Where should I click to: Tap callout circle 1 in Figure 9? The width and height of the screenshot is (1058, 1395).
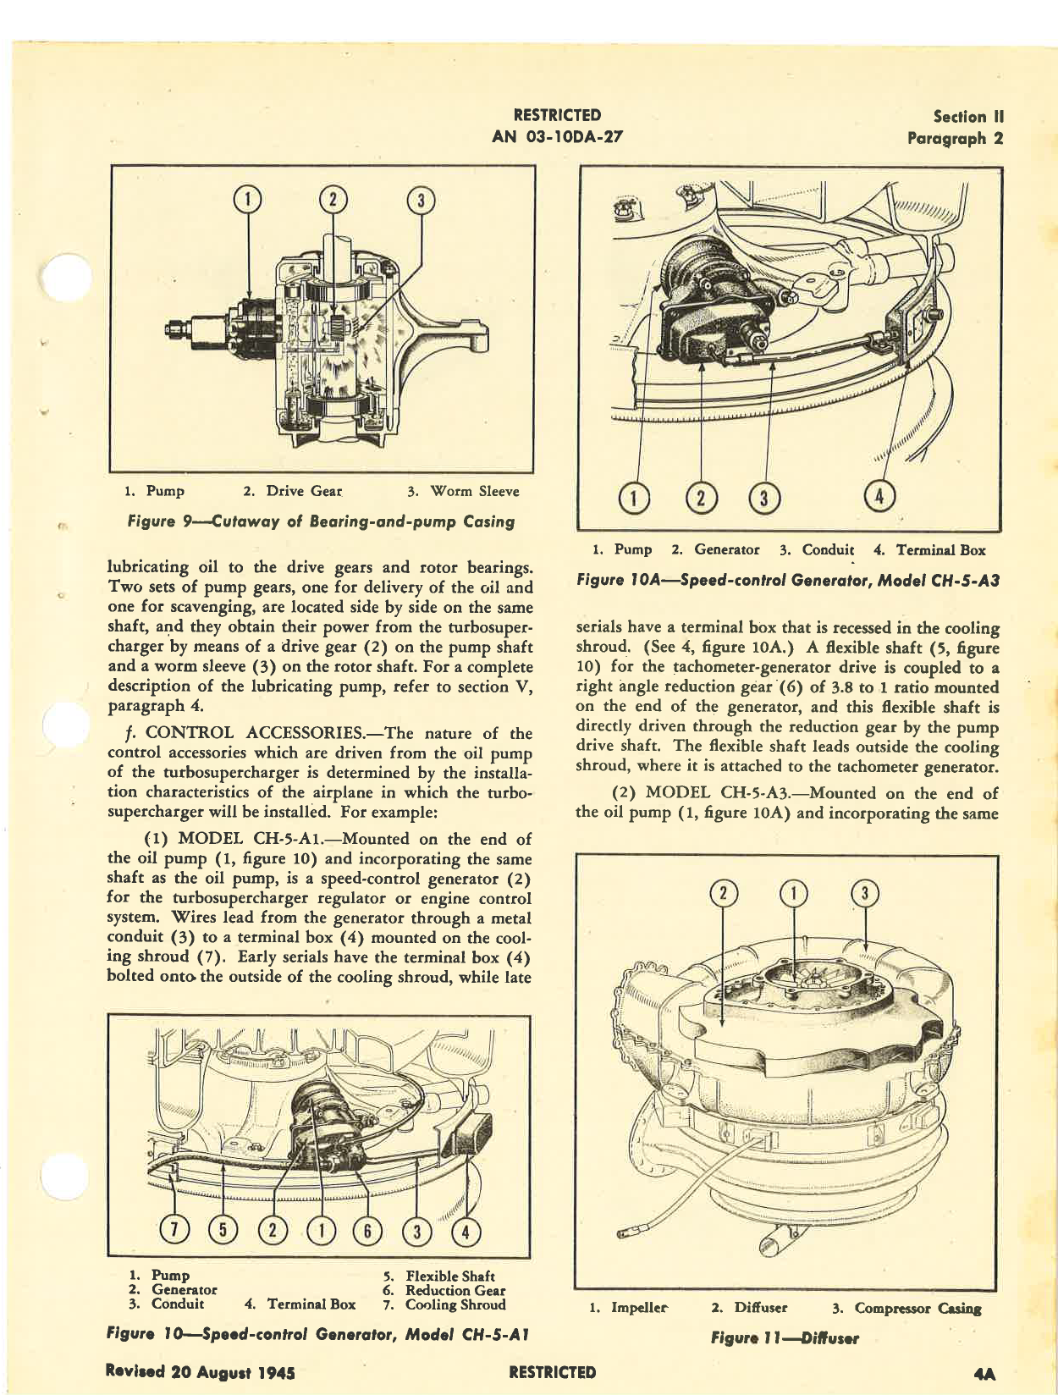(247, 200)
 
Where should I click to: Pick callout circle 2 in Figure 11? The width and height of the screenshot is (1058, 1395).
(724, 893)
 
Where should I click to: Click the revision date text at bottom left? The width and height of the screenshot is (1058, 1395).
(200, 1372)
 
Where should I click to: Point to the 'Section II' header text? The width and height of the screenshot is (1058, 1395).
(968, 117)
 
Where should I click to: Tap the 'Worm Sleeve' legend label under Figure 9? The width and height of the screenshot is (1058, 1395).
(474, 491)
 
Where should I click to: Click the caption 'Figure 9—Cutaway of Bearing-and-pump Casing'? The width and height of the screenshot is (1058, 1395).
(320, 521)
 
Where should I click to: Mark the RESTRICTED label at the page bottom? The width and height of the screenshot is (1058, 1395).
(554, 1372)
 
